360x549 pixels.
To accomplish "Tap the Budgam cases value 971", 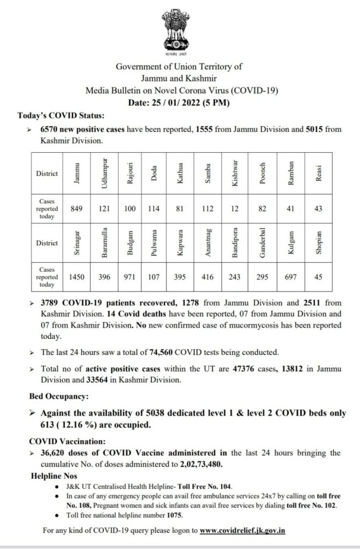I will click(130, 277).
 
